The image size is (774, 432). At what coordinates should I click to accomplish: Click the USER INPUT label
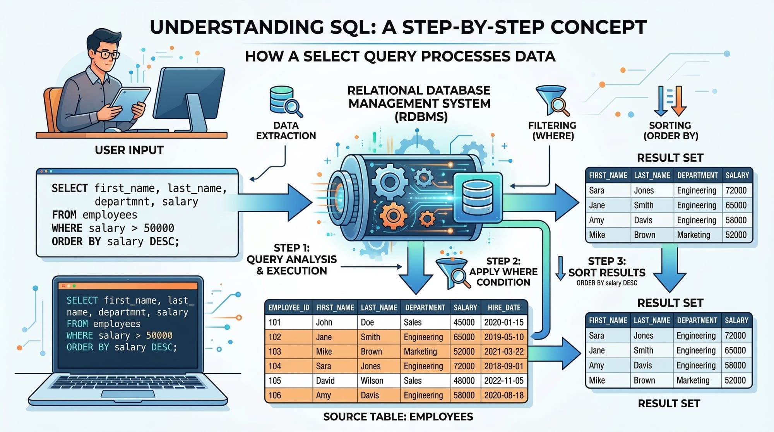click(x=129, y=150)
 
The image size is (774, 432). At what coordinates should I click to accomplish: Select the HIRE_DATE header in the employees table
click(x=504, y=308)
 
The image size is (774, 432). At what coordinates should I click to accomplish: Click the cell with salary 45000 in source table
click(x=464, y=322)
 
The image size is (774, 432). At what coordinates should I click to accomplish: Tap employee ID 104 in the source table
click(x=275, y=366)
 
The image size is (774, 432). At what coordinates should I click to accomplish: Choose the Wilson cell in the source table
click(x=372, y=381)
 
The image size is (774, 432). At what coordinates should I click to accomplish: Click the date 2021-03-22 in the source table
click(x=504, y=351)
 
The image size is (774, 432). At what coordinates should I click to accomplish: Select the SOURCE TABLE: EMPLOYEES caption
click(x=398, y=417)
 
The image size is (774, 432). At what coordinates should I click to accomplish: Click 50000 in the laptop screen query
click(x=159, y=336)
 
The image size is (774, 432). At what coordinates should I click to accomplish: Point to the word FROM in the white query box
click(x=64, y=215)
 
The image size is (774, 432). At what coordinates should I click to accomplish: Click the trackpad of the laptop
click(x=128, y=394)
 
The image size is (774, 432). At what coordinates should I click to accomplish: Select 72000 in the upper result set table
click(x=736, y=190)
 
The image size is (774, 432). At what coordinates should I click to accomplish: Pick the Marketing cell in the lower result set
click(x=693, y=381)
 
